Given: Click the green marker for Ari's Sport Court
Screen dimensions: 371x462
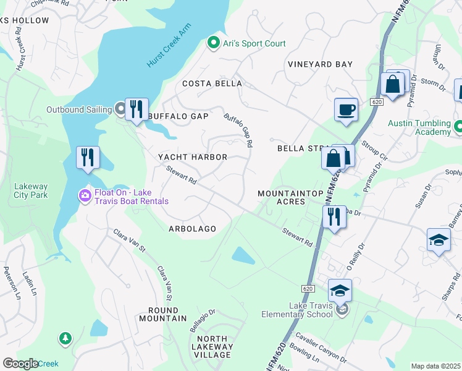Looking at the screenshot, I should [x=214, y=43].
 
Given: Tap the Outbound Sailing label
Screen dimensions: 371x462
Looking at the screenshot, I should [x=80, y=110].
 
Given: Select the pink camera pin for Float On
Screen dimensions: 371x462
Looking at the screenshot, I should [x=84, y=196].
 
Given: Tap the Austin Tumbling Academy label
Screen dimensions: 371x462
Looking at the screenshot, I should [x=419, y=127].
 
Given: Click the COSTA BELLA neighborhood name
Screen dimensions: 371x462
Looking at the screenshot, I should [x=211, y=83].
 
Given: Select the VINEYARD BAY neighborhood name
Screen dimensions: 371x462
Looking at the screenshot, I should [x=320, y=64].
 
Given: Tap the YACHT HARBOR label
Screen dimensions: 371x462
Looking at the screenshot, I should [x=193, y=157].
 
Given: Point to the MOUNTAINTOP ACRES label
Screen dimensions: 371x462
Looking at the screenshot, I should [x=290, y=198].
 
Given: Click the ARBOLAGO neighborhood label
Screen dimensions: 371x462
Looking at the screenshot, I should [x=192, y=229].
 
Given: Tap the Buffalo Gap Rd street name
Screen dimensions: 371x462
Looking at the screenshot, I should [x=239, y=129].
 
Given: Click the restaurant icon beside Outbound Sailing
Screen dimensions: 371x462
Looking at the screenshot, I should [x=136, y=109].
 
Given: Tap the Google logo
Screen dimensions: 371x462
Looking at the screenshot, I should [x=20, y=364].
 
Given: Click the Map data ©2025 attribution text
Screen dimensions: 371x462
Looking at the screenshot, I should [x=435, y=366].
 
